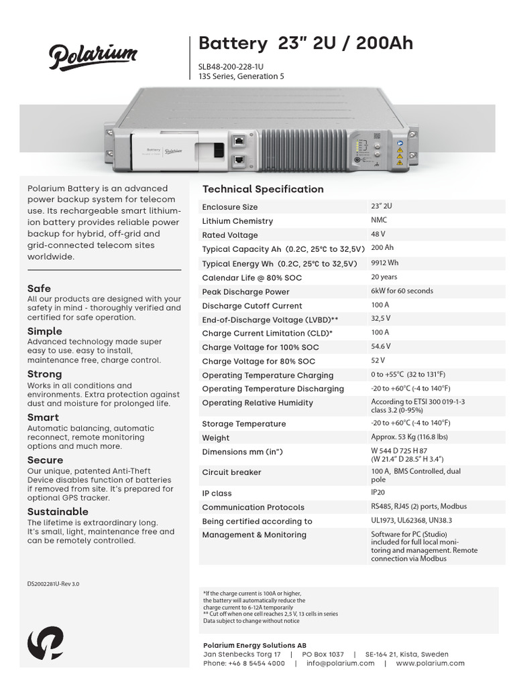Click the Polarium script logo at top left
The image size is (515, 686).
(x=93, y=56)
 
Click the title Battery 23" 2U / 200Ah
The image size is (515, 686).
(x=306, y=44)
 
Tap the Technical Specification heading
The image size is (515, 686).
(x=263, y=189)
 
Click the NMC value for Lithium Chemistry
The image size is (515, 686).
(x=379, y=220)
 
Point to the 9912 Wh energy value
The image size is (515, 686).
(x=385, y=263)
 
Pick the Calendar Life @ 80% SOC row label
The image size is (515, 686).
(x=252, y=278)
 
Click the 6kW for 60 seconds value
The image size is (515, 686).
(x=402, y=291)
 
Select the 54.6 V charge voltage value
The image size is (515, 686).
(x=381, y=347)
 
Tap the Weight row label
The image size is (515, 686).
(x=216, y=438)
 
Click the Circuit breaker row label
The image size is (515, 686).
(x=232, y=472)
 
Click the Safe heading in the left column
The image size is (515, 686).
(x=39, y=289)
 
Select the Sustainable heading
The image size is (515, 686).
(x=58, y=512)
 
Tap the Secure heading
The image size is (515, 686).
(x=45, y=460)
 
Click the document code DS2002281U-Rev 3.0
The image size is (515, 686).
(x=53, y=584)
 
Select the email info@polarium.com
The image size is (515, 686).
(x=341, y=663)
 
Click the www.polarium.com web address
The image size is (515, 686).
(x=431, y=663)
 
